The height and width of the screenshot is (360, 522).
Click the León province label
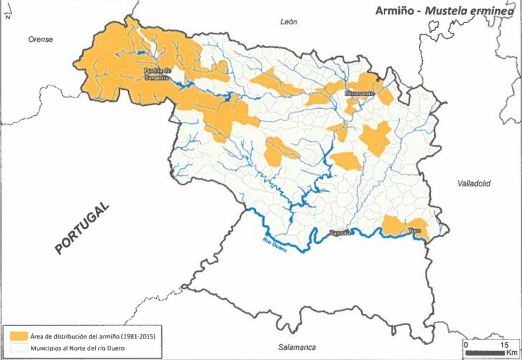(x=289, y=22)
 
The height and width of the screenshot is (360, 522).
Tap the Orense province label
(x=40, y=40)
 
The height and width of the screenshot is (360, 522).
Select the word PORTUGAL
(x=82, y=228)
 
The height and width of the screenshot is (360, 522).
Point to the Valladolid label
(x=474, y=184)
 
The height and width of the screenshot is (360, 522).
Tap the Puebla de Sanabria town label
(x=157, y=74)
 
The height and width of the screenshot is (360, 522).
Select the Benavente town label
(x=359, y=93)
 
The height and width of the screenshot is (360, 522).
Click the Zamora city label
(x=339, y=233)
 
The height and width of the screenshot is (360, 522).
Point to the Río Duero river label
(x=269, y=245)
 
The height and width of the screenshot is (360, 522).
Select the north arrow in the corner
(x=8, y=17)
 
